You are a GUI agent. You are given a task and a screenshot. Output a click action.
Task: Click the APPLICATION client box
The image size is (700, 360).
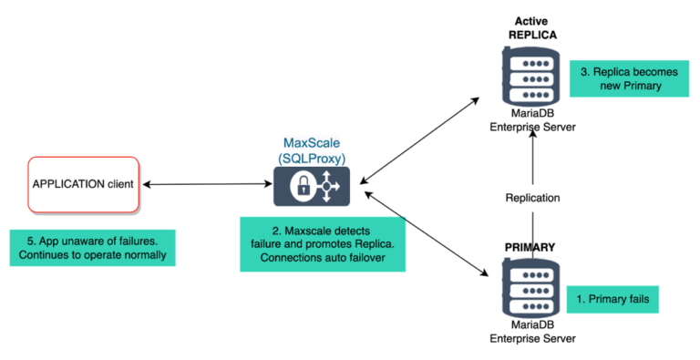point(83,183)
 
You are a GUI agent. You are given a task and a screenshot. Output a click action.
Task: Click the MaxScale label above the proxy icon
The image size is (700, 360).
point(312,143)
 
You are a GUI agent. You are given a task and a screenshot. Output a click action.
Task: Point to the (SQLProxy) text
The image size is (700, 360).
point(312,159)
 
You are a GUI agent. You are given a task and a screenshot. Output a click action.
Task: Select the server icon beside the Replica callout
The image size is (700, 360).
point(532,77)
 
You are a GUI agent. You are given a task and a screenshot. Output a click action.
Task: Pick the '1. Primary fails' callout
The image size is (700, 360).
point(612,298)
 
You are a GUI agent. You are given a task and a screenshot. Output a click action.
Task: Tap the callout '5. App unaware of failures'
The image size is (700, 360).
point(91,247)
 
